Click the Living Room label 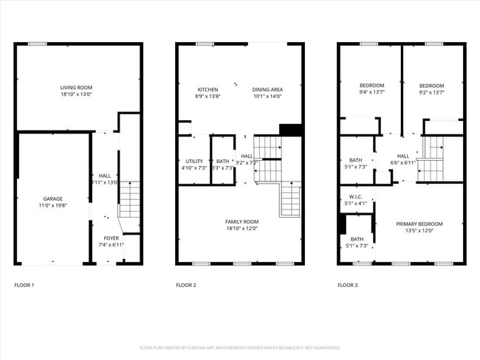tap(76, 88)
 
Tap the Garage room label tap(52, 198)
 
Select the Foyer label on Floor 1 tap(111, 238)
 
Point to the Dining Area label tap(267, 89)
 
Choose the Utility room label tap(194, 161)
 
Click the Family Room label tap(241, 221)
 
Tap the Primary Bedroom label tap(419, 224)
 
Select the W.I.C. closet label tap(356, 197)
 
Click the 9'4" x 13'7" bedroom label tap(371, 86)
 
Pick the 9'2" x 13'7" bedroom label tap(431, 86)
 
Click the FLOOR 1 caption tap(24, 285)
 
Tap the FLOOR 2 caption tap(186, 285)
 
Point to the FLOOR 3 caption tap(348, 285)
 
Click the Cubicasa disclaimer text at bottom tap(240, 347)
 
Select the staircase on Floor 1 tap(129, 199)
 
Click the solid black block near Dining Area tap(292, 130)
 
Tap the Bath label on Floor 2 tap(222, 161)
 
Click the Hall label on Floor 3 tap(403, 156)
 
